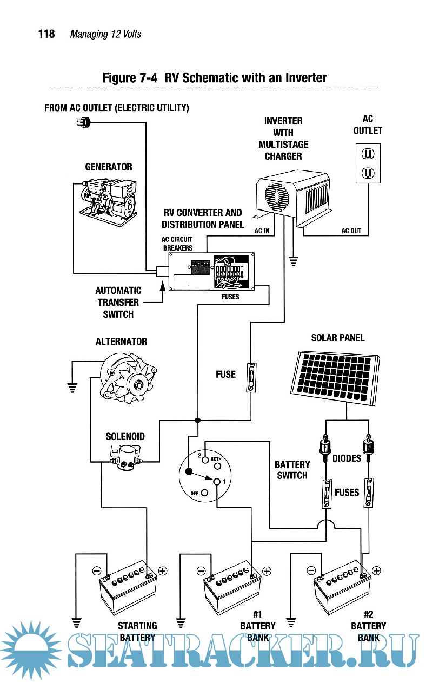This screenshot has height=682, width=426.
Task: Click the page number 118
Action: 46,34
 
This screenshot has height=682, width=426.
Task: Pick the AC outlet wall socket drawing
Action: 368,163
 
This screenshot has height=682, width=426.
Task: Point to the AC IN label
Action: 262,231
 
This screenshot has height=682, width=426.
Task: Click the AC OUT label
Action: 351,231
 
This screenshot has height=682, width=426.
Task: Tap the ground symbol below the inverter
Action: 294,261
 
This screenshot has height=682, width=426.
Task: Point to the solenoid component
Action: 125,457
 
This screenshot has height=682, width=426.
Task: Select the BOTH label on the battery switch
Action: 216,459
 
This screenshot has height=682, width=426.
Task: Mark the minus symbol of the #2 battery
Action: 311,570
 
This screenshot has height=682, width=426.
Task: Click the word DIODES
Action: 347,458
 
